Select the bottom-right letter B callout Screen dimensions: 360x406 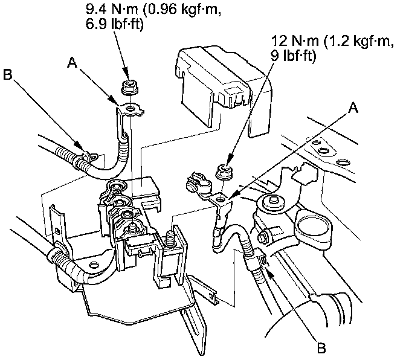coord(321,348)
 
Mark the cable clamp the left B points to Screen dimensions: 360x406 coord(83,158)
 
